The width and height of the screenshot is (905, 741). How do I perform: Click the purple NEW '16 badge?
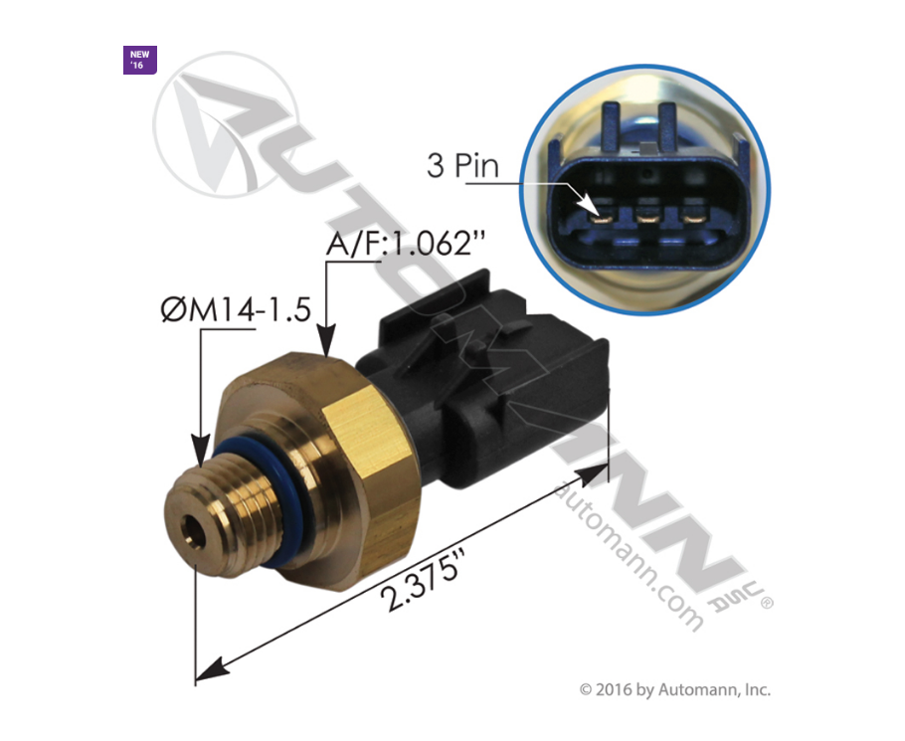tap(137, 60)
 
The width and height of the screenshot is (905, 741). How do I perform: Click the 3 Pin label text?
tap(462, 165)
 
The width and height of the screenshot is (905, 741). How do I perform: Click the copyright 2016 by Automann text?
tap(675, 689)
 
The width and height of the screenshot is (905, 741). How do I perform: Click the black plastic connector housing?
tap(517, 398)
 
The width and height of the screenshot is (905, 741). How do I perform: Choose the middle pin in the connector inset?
tap(647, 211)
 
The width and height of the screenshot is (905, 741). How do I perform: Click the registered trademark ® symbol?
tap(767, 603)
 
